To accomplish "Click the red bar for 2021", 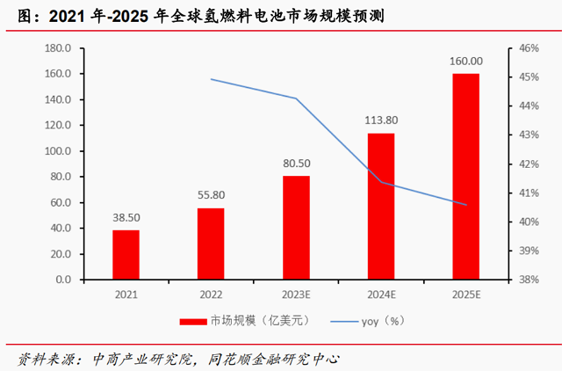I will pyautogui.click(x=126, y=255).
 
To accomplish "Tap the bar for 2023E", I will pyautogui.click(x=296, y=228).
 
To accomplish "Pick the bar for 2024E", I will pyautogui.click(x=381, y=207).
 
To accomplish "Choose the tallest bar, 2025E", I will pyautogui.click(x=465, y=177).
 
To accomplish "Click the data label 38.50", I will pyautogui.click(x=126, y=217).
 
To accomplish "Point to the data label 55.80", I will pyautogui.click(x=211, y=195).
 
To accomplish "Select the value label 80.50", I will pyautogui.click(x=296, y=164).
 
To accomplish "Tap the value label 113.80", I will pyautogui.click(x=381, y=120).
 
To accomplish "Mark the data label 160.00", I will pyautogui.click(x=465, y=61).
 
